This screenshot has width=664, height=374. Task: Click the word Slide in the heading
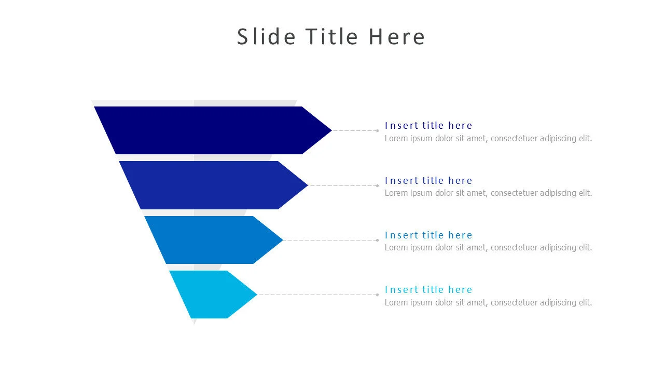(266, 36)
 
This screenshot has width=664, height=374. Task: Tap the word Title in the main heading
(331, 36)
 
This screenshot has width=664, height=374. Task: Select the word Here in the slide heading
(397, 37)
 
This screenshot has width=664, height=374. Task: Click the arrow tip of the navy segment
(331, 130)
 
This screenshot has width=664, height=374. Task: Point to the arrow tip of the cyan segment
(257, 295)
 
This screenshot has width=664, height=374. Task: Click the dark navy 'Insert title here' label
(428, 126)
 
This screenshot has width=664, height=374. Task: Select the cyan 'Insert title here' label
(428, 290)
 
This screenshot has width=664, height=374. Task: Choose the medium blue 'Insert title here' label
(428, 235)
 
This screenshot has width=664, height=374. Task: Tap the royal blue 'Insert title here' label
(428, 180)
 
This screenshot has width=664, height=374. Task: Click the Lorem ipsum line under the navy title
(488, 139)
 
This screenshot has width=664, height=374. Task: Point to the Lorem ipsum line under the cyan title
(488, 303)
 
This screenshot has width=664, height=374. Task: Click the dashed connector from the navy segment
(354, 130)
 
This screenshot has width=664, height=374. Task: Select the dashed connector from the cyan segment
(317, 295)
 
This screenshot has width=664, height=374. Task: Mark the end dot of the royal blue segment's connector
(377, 185)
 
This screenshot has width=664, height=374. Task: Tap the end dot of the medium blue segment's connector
(377, 240)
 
